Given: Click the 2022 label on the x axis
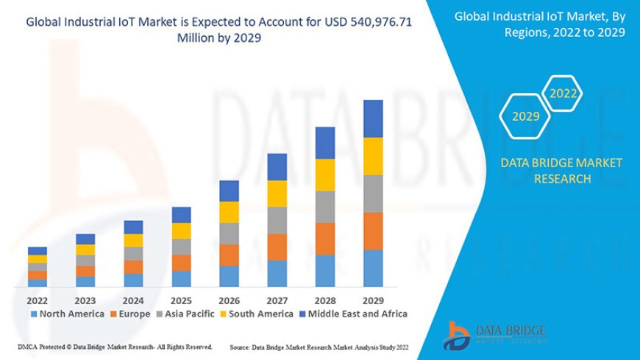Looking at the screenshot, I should click(37, 300).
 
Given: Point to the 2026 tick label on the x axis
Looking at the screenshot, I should click(229, 300).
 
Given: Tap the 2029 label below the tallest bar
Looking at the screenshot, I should click(373, 300).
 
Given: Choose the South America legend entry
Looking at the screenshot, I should click(258, 314).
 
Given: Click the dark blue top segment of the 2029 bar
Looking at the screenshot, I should click(373, 119).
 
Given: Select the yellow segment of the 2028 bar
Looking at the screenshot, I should click(325, 174).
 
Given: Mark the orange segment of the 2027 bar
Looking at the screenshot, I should click(277, 247).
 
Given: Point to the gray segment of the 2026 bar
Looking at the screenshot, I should click(229, 233).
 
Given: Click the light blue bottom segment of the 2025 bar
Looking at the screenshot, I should click(181, 278).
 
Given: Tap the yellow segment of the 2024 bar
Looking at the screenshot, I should click(133, 240).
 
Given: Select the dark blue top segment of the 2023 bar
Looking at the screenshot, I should click(85, 239).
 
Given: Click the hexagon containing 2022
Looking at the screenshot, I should click(563, 93).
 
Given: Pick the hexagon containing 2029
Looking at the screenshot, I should click(525, 116).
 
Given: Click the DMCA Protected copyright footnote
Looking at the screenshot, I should click(115, 346).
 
